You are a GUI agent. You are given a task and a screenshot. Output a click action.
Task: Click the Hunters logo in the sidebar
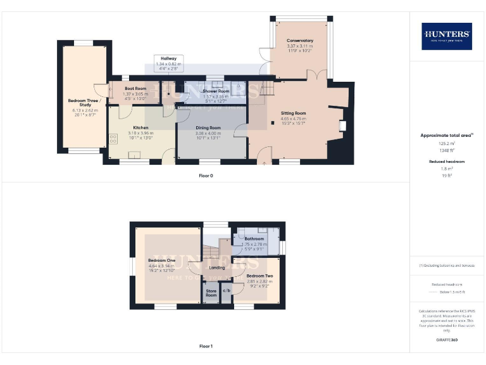447,36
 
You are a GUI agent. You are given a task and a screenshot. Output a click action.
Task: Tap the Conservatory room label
299,41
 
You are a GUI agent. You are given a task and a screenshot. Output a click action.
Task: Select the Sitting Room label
293,113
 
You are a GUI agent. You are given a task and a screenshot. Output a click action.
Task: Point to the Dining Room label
208,127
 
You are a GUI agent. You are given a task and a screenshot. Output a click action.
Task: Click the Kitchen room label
140,127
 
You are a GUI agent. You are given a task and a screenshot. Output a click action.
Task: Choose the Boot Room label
135,89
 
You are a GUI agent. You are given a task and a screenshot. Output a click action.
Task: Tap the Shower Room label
215,91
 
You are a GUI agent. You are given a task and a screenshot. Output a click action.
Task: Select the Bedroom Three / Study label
83,103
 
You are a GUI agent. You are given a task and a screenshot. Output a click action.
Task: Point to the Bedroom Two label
259,276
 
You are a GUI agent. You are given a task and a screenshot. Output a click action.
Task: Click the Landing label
217,267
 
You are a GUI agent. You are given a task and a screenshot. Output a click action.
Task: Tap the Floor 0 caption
206,176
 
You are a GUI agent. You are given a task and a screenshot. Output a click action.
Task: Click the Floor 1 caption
206,346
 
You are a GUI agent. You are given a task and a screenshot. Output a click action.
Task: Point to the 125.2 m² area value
447,143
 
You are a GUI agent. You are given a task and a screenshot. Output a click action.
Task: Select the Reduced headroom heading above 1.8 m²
447,162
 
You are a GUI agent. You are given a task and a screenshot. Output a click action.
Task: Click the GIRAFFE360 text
447,340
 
